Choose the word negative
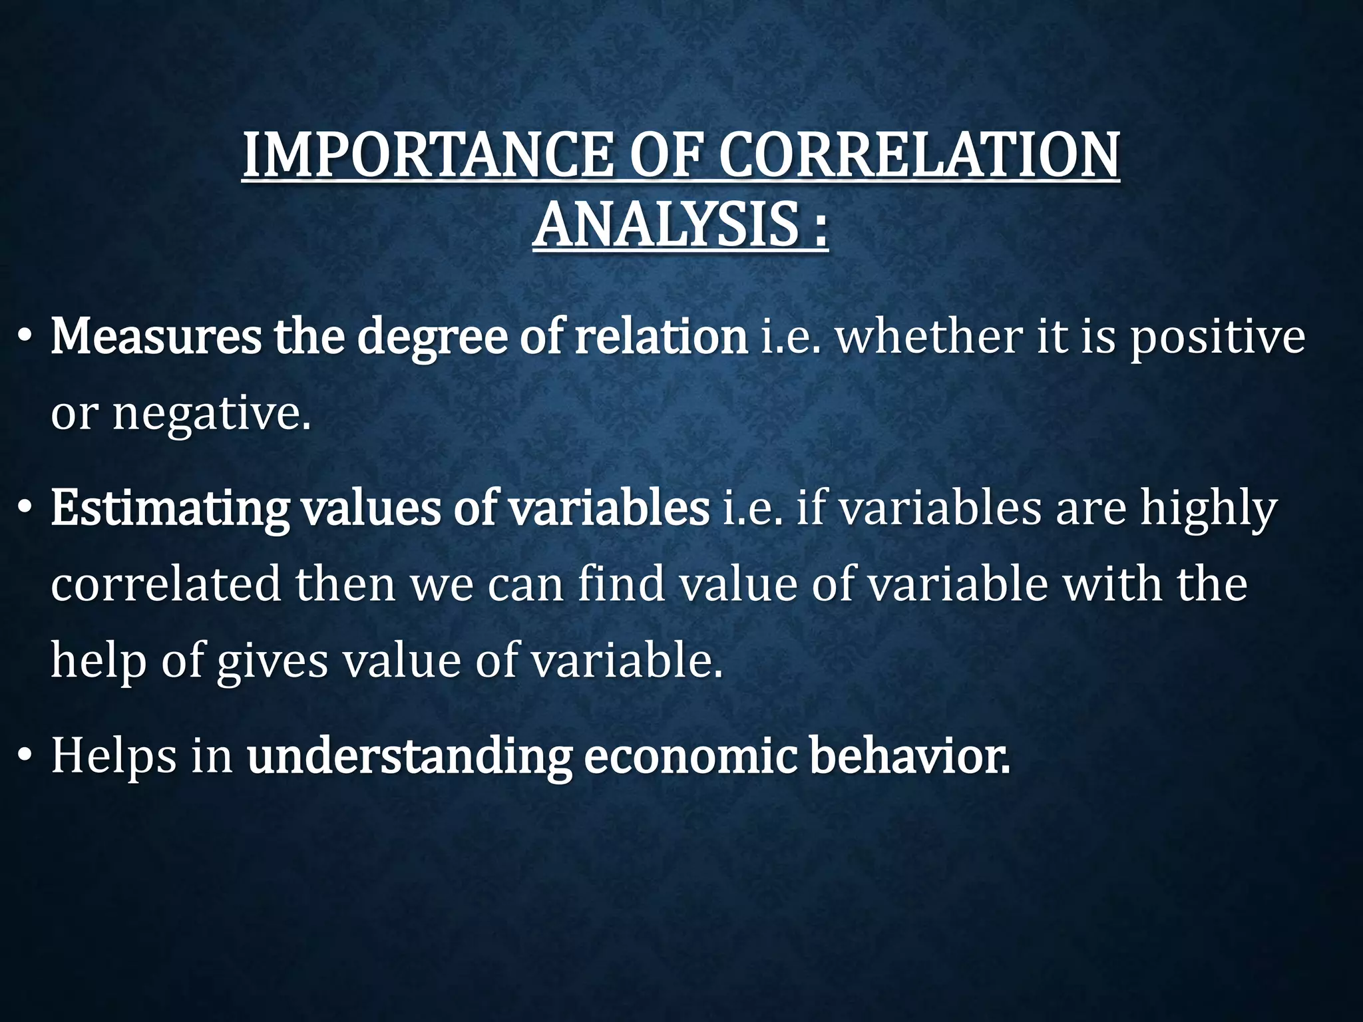[x=211, y=414]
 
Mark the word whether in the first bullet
[x=929, y=337]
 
